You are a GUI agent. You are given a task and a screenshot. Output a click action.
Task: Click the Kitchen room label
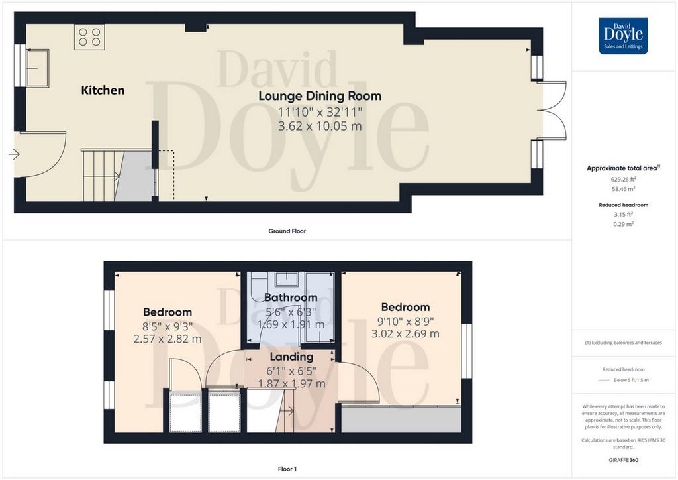pos(103,90)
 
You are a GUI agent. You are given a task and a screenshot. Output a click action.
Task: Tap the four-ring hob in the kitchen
pos(89,36)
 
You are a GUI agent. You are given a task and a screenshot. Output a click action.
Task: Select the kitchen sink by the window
pos(38,68)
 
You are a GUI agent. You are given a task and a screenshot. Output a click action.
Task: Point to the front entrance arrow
pos(14,154)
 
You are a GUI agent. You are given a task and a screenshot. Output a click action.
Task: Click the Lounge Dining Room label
pos(320,96)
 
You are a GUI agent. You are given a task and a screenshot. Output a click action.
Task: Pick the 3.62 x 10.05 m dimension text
pos(320,126)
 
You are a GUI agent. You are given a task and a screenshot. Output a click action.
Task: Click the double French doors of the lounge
pos(552,110)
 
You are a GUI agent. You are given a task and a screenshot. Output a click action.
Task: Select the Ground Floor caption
pos(287,231)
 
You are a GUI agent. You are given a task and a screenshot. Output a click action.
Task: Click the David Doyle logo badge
pos(623,36)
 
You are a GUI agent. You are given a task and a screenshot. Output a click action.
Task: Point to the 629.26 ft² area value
pos(623,179)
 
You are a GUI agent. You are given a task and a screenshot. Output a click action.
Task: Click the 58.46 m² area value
pos(623,189)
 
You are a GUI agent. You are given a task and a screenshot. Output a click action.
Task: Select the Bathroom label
pos(291,298)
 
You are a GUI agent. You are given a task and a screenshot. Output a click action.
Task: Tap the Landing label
pos(291,357)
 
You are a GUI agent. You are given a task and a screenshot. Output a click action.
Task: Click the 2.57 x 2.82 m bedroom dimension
pos(168,339)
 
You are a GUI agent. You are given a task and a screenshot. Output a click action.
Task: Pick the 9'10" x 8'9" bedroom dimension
pos(406,321)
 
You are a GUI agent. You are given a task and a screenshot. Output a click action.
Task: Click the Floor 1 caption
pos(287,469)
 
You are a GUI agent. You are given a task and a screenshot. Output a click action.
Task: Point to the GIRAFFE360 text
pos(623,460)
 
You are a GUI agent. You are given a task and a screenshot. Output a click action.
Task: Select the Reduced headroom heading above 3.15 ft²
pos(623,205)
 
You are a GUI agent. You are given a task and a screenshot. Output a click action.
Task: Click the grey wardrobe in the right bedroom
pos(401,419)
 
